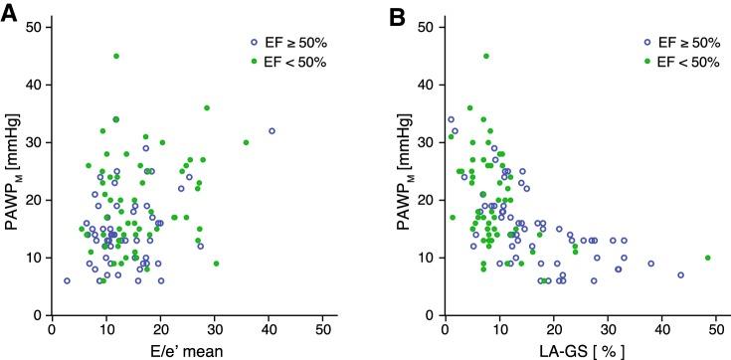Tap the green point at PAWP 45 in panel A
(x=116, y=56)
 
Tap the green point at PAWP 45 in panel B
(x=486, y=56)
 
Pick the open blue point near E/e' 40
(x=272, y=130)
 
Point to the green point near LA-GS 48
(x=708, y=258)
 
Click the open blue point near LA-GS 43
(x=681, y=275)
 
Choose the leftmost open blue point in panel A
(x=68, y=280)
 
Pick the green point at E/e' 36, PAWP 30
(x=246, y=142)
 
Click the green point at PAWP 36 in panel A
(x=207, y=107)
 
